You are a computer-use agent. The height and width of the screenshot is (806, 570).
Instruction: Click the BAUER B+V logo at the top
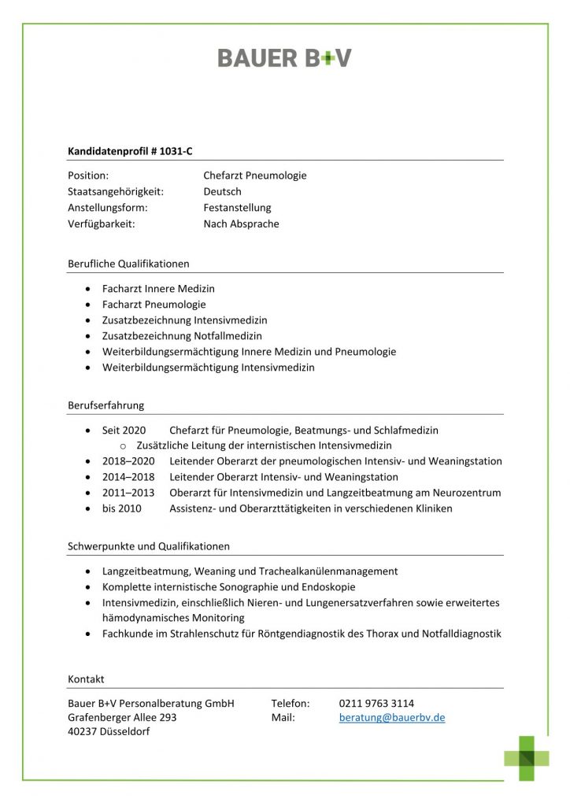284,57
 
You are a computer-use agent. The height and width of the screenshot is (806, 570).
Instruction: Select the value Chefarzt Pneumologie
254,176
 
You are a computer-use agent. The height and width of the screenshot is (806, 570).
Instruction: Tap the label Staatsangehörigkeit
115,191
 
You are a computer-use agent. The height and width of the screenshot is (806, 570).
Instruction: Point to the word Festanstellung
237,208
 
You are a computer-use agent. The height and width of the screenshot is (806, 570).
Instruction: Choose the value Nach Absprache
241,224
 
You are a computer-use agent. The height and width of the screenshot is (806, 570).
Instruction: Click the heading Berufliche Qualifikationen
128,264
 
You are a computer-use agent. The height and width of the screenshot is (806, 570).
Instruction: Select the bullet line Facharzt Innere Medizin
158,289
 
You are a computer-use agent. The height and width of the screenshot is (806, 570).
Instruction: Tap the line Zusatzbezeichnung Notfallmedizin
182,336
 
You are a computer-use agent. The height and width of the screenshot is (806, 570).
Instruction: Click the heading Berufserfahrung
105,405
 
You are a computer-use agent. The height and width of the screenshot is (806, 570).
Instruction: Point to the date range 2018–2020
128,461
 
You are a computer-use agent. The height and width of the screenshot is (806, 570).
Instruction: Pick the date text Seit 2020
124,431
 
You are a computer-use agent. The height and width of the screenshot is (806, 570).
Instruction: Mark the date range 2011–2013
128,493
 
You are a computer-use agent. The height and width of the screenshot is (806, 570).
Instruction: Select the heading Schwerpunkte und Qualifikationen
149,546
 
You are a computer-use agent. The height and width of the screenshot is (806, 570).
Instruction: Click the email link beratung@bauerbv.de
392,718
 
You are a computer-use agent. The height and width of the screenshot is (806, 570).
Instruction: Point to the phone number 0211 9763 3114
376,703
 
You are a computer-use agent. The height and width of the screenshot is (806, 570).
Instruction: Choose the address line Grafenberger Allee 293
122,718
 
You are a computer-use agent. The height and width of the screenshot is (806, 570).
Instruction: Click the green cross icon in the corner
527,758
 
